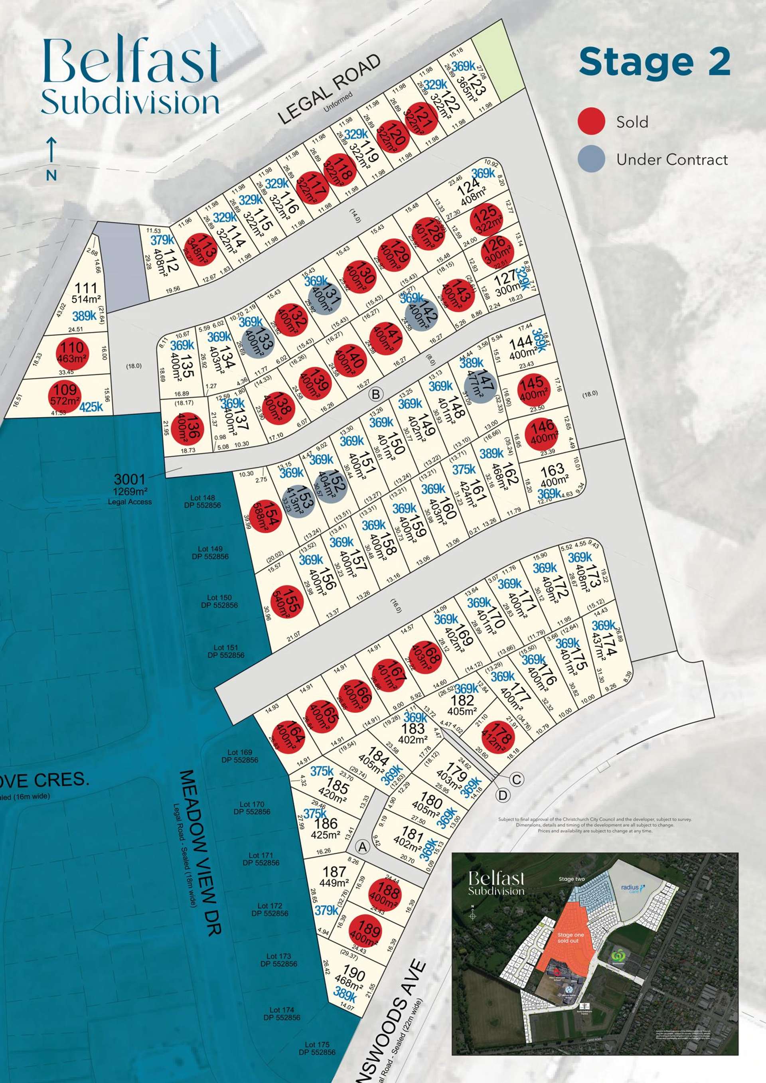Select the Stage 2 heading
click(x=655, y=61)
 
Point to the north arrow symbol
click(x=51, y=152)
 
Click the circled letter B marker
click(x=375, y=394)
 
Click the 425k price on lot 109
click(x=91, y=406)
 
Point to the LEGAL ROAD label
click(x=329, y=89)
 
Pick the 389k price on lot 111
click(x=85, y=316)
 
